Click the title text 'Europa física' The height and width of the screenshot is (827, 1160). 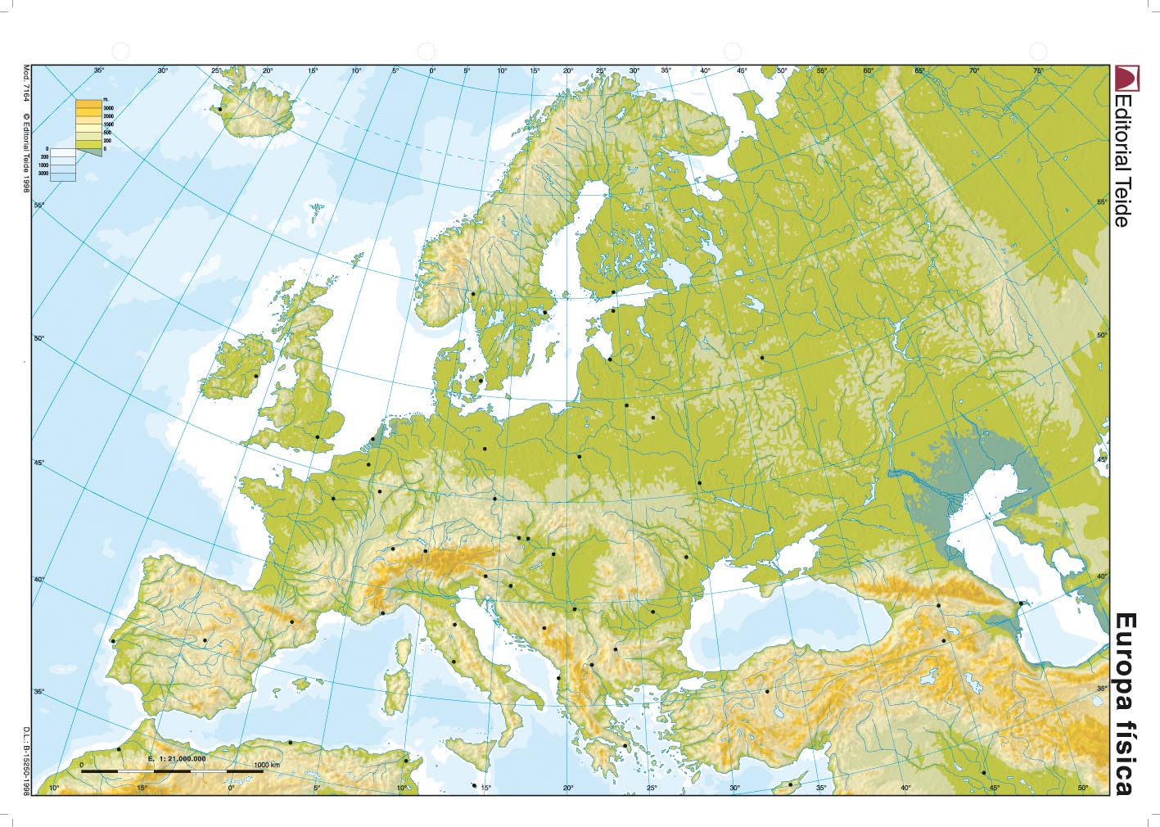click(x=1125, y=703)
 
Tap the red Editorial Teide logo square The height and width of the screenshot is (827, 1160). click(x=1124, y=79)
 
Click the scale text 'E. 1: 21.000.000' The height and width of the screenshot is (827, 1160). click(x=177, y=759)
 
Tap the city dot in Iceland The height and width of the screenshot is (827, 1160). click(x=219, y=109)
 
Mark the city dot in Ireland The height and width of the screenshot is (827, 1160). click(x=256, y=376)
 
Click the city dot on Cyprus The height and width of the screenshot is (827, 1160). click(x=790, y=784)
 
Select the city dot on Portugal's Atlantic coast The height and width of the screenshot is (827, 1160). click(x=113, y=641)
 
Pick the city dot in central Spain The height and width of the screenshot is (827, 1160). click(x=205, y=640)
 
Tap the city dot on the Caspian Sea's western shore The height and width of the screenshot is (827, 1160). click(x=1022, y=604)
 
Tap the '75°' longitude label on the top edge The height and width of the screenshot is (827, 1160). click(x=1038, y=71)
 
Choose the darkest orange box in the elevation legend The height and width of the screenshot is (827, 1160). click(x=89, y=105)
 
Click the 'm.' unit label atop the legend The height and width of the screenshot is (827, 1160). click(x=106, y=100)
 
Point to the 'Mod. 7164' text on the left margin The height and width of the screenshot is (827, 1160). click(x=26, y=84)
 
